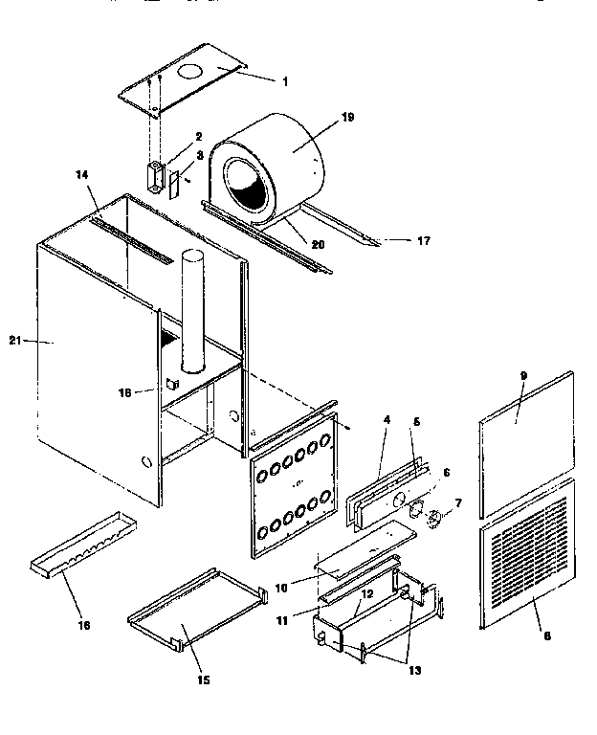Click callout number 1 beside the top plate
click(283, 79)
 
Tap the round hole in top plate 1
click(189, 71)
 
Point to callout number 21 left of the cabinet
click(15, 340)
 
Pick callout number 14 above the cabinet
click(81, 175)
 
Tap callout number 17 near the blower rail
click(423, 240)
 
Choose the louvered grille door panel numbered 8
click(526, 555)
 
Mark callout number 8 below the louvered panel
click(545, 635)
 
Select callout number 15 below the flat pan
click(203, 680)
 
